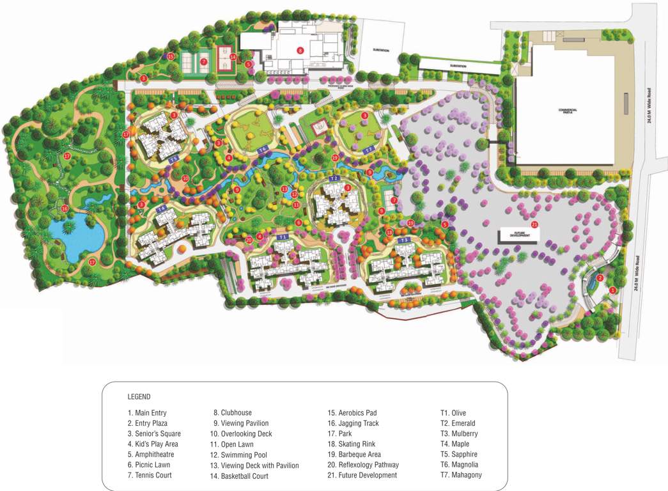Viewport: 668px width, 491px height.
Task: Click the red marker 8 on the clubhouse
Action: [x=299, y=49]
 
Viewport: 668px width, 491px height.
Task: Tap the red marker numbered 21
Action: [x=534, y=224]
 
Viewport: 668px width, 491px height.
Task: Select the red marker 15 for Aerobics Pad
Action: [x=171, y=56]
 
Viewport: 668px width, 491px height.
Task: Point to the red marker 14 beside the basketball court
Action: [x=233, y=57]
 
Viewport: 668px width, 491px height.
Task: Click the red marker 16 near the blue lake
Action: [x=65, y=208]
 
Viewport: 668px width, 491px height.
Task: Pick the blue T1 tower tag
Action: [x=283, y=237]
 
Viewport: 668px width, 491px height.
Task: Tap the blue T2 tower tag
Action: [x=334, y=177]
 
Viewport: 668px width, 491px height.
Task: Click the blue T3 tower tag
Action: [x=403, y=240]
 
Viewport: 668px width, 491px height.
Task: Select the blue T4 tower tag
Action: [x=161, y=208]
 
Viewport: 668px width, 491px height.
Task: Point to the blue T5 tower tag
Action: [x=173, y=159]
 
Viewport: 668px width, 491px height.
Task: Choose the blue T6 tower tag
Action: [x=262, y=148]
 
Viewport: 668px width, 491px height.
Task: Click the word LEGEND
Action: [x=139, y=397]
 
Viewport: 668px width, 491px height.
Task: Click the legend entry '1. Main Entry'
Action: [x=147, y=413]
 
